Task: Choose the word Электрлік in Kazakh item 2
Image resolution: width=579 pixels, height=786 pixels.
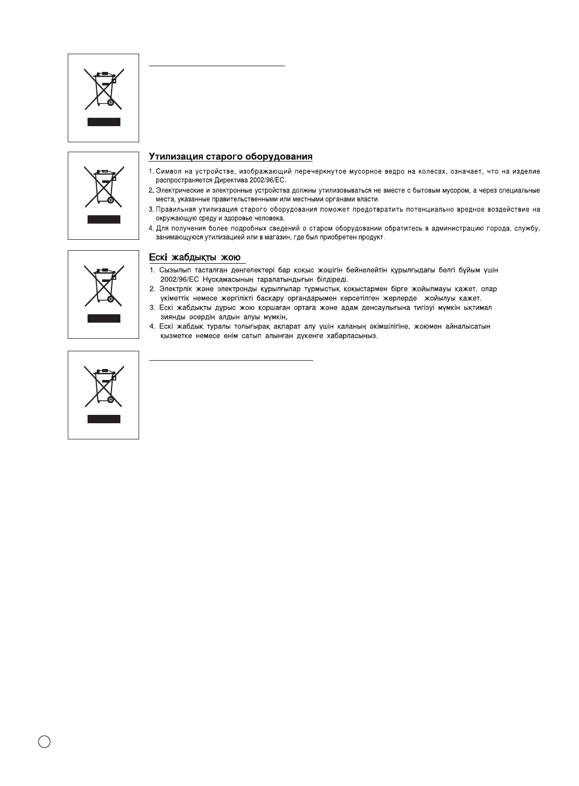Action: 175,289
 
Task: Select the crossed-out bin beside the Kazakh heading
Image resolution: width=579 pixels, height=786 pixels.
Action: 104,285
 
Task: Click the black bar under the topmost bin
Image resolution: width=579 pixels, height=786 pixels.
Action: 104,122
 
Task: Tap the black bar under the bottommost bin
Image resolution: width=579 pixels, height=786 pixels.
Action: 104,419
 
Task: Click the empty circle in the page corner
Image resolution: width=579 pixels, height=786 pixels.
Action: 44,742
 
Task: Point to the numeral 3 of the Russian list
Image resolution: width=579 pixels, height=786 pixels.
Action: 151,210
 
